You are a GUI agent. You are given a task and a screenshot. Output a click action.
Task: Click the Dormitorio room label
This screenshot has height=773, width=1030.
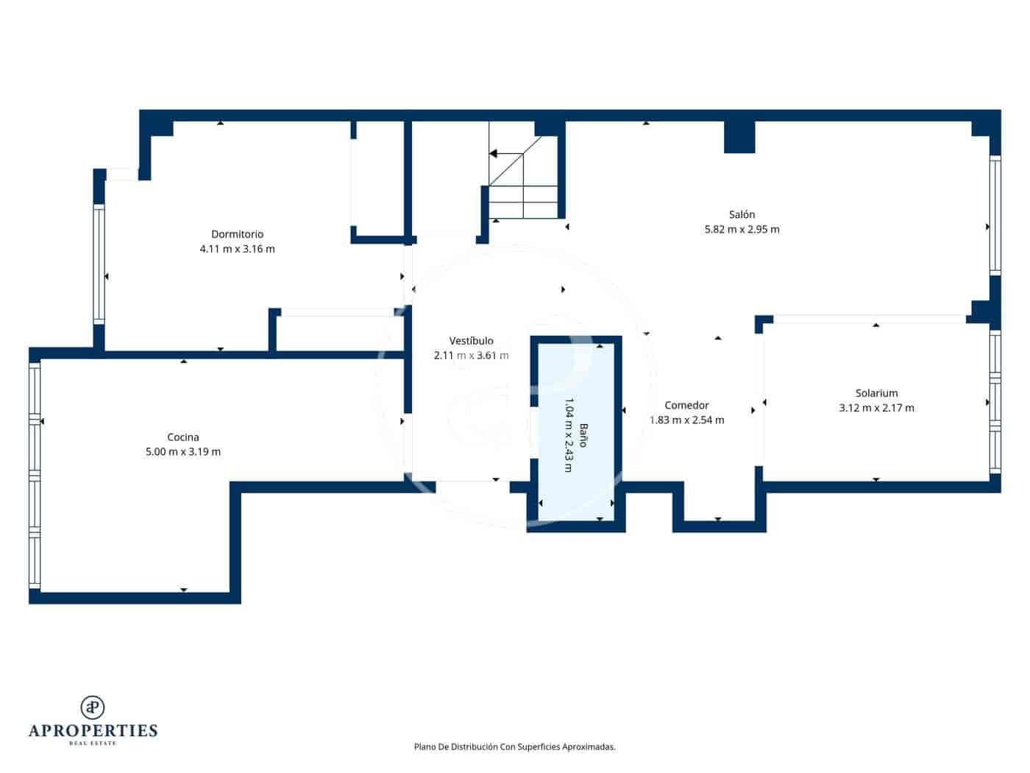pyautogui.click(x=237, y=234)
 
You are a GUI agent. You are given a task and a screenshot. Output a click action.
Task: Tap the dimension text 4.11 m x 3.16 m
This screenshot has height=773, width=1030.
pyautogui.click(x=237, y=249)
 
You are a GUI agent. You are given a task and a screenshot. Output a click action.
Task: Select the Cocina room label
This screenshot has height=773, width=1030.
pyautogui.click(x=183, y=437)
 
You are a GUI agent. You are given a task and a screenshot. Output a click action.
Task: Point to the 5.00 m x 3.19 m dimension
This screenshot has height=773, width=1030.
pyautogui.click(x=183, y=452)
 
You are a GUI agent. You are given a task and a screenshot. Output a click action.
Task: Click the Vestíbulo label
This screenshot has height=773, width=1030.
pyautogui.click(x=471, y=341)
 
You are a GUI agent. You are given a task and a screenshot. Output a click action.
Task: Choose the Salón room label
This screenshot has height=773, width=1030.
pyautogui.click(x=742, y=215)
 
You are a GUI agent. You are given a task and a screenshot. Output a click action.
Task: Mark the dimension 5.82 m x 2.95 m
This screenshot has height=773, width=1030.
pyautogui.click(x=742, y=230)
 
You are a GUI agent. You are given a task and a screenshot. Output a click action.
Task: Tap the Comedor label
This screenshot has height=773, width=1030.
pyautogui.click(x=686, y=406)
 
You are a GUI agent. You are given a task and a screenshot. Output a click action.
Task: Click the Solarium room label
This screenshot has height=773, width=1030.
pyautogui.click(x=876, y=393)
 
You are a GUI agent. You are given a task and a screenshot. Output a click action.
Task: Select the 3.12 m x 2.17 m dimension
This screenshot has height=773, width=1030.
pyautogui.click(x=876, y=408)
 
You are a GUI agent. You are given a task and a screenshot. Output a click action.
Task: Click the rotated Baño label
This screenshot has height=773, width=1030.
pyautogui.click(x=583, y=435)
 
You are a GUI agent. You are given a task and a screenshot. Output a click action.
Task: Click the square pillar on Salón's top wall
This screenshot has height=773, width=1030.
pyautogui.click(x=739, y=137)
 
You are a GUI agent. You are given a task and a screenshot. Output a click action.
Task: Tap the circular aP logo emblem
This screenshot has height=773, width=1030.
pyautogui.click(x=92, y=707)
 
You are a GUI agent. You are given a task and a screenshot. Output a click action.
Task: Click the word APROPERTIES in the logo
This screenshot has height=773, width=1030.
pyautogui.click(x=93, y=730)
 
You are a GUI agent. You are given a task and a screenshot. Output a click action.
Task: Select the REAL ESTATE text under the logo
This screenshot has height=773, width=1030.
pyautogui.click(x=93, y=744)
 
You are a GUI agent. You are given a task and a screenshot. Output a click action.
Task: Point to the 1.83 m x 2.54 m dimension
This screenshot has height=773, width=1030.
pyautogui.click(x=687, y=420)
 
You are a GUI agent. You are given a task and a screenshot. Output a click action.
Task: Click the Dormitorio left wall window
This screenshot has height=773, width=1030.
pyautogui.click(x=99, y=264)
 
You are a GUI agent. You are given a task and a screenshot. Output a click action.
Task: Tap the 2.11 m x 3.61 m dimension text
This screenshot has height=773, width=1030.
pyautogui.click(x=471, y=356)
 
